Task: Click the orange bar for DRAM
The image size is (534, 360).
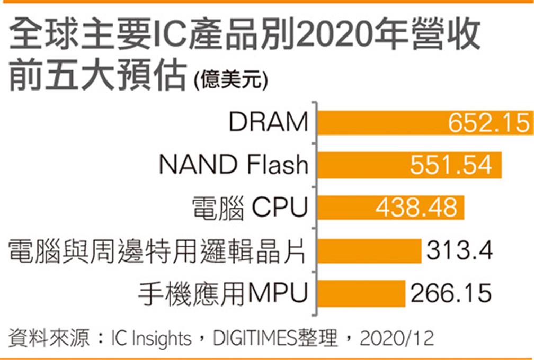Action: [x=381, y=123]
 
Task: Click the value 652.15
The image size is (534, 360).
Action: [x=488, y=123]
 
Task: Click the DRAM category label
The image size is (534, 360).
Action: [x=269, y=123]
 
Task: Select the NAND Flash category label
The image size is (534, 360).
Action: [x=233, y=165]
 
